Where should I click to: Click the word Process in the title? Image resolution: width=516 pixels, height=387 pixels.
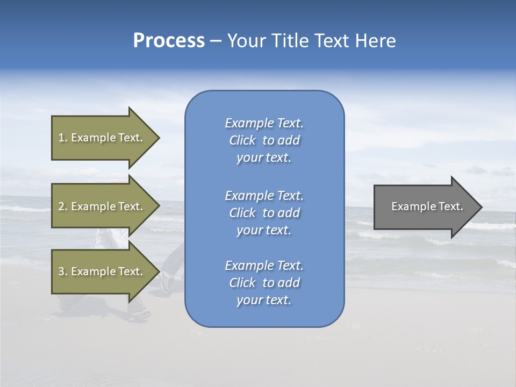[169, 41]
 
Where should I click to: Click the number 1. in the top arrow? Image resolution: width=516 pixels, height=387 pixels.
[63, 138]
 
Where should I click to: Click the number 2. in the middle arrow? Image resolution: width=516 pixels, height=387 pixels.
[63, 206]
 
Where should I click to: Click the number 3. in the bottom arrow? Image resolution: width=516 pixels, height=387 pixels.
[63, 271]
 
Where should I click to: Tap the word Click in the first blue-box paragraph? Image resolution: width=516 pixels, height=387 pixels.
[242, 140]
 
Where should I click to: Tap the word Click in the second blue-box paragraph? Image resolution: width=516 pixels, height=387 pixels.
[242, 213]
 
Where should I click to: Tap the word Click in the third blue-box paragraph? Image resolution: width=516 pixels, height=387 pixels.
[242, 283]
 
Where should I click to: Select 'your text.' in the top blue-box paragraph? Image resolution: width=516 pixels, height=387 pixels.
[264, 158]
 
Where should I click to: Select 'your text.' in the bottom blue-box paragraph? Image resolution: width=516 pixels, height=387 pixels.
[264, 300]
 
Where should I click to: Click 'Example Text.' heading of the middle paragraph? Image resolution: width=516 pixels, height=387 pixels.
[264, 196]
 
